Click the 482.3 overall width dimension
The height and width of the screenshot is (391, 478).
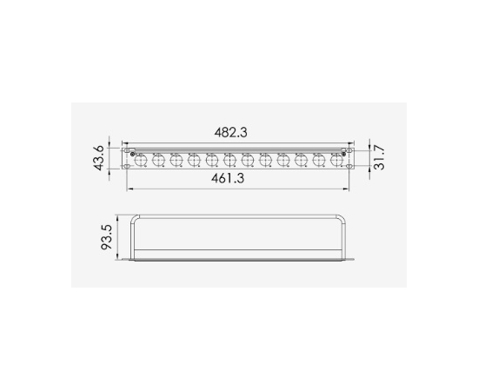231,132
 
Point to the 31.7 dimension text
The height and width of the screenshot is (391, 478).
380,159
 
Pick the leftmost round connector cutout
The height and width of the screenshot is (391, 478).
141,160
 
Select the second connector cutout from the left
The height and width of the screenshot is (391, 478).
158,160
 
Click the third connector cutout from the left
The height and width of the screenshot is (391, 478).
176,160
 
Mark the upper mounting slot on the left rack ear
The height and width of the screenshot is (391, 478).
127,150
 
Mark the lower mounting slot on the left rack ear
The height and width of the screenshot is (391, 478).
127,169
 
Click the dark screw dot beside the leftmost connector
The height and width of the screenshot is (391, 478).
132,155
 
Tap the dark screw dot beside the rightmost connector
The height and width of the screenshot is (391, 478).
344,155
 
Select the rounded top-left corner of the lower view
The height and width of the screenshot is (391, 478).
135,217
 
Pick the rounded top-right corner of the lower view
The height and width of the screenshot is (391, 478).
345,217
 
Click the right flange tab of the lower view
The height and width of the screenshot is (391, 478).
353,259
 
